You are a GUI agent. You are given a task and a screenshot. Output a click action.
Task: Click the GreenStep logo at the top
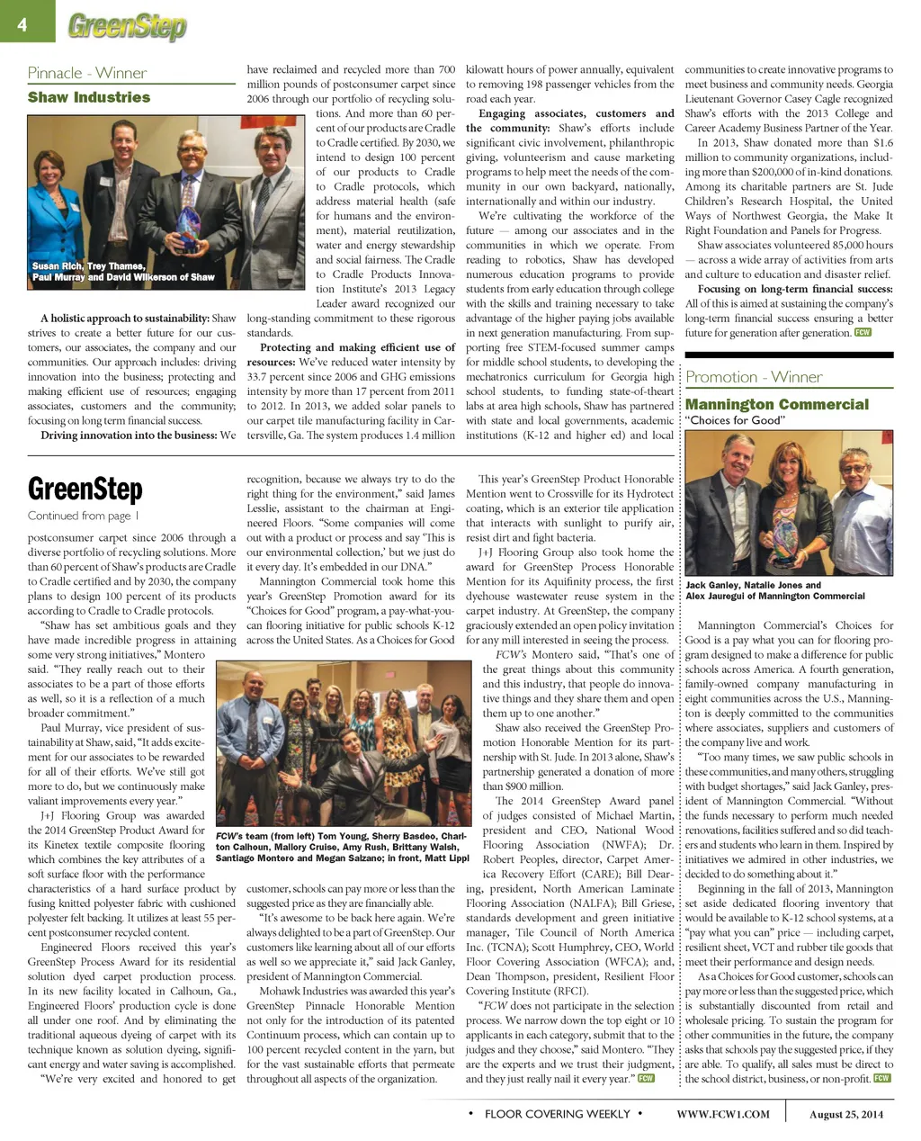tap(127, 27)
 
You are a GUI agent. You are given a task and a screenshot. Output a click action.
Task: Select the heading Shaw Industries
tap(89, 97)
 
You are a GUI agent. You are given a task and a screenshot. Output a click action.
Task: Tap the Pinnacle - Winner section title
tap(86, 73)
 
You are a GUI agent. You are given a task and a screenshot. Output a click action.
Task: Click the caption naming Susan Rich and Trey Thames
tap(123, 271)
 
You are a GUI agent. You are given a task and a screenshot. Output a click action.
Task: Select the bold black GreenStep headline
tap(85, 490)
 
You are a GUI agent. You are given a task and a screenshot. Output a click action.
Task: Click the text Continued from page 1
tap(83, 516)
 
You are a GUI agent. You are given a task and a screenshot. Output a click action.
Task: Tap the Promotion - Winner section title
tap(754, 377)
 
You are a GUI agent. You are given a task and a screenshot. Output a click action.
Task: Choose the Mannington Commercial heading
tap(777, 404)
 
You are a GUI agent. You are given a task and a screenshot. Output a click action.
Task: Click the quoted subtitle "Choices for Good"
tap(735, 420)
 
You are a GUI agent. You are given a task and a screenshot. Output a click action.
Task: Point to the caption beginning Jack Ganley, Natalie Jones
tap(774, 590)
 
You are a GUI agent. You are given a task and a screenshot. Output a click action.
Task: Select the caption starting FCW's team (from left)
tap(342, 847)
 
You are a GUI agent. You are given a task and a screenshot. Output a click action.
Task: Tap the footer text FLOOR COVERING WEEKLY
tap(557, 1114)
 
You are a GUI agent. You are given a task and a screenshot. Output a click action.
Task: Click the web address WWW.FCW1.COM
tap(723, 1114)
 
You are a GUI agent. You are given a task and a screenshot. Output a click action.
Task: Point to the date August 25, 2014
tap(846, 1114)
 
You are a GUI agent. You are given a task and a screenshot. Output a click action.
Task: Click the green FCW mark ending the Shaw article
tap(863, 332)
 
